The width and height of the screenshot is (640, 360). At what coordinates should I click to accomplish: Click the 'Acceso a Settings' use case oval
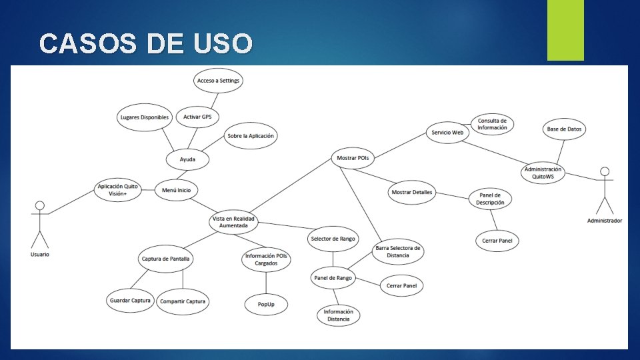coord(218,81)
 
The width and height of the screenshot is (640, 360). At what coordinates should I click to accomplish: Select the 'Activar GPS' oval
coord(197,117)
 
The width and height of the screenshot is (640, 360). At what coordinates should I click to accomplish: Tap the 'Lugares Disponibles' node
coord(144,118)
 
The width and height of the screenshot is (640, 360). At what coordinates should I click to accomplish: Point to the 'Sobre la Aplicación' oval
coord(251,136)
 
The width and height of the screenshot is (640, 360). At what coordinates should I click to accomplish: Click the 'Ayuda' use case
coord(188,160)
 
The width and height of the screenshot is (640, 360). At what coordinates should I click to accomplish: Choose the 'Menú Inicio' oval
coord(176,190)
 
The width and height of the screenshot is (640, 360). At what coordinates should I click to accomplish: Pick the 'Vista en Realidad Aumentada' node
coord(233,222)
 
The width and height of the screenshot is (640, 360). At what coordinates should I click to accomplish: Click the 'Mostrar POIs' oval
coord(353,158)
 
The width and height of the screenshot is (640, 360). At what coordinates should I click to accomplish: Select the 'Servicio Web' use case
coord(447,132)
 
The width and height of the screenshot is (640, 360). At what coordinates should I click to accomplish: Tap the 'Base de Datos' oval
coord(565,129)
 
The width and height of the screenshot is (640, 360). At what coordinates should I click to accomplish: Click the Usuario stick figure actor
coord(39,223)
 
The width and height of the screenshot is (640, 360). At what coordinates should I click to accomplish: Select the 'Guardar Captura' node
coord(130,301)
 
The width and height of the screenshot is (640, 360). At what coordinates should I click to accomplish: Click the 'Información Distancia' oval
coord(339,315)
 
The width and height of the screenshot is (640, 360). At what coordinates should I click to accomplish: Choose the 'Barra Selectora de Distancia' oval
coord(397,251)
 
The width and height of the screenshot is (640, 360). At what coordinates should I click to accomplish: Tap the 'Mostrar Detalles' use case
coord(411,193)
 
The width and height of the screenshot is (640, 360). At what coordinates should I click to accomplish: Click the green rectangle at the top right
coord(565,30)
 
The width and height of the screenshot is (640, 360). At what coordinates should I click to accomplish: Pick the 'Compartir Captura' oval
coord(183,301)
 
